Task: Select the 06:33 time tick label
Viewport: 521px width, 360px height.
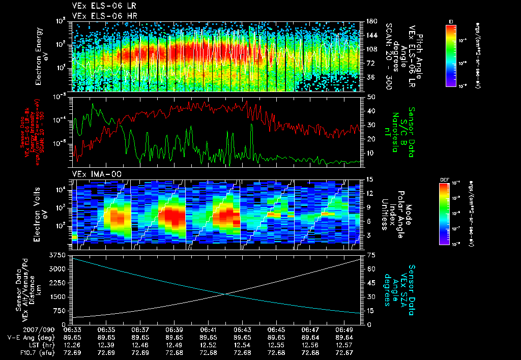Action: click(72, 329)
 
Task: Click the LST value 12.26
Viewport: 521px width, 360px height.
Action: click(72, 345)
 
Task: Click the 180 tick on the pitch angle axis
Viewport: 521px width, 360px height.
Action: click(370, 21)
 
